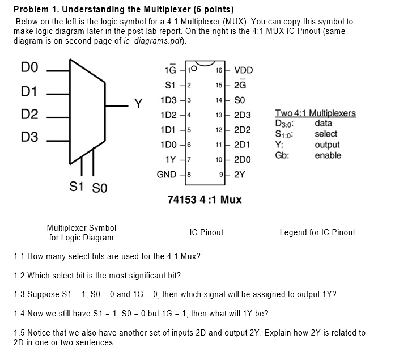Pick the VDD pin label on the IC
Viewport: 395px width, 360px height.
tap(244, 70)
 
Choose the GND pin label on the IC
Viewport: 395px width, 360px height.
tap(166, 174)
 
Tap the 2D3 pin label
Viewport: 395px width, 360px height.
tap(243, 115)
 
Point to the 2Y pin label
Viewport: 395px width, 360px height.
tap(240, 174)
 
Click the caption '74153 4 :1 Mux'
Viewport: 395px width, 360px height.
tap(205, 200)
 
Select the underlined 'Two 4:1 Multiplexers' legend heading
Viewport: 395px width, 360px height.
tap(315, 113)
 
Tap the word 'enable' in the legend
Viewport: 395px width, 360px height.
tap(328, 155)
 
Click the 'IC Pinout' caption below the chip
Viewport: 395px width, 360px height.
tap(206, 232)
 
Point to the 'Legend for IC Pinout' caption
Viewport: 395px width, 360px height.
tap(317, 232)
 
